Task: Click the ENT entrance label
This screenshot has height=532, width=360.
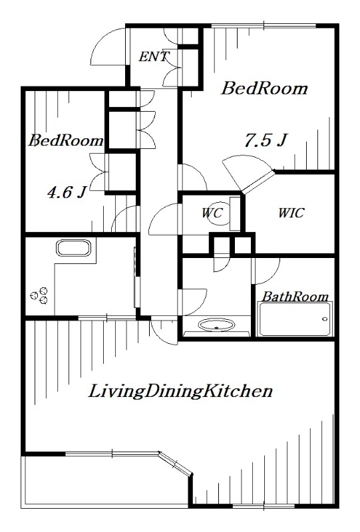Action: (x=154, y=57)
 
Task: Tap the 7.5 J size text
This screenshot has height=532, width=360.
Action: (x=266, y=140)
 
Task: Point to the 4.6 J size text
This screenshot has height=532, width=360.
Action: (x=67, y=192)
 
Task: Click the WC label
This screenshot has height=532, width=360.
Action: (x=212, y=213)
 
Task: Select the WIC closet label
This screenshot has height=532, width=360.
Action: (x=291, y=213)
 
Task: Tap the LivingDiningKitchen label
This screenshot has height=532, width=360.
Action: (x=180, y=391)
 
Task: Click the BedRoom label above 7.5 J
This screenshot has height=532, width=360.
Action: (x=265, y=88)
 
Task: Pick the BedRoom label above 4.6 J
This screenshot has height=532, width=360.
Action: (x=66, y=140)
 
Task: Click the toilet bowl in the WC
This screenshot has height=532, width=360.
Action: (x=218, y=217)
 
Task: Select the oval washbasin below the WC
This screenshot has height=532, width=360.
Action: (x=216, y=325)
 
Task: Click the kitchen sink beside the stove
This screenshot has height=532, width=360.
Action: (x=74, y=248)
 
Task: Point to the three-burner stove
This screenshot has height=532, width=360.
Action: (x=39, y=295)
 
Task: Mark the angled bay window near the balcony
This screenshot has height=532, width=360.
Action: (x=176, y=463)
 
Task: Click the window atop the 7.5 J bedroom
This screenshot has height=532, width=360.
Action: (x=264, y=26)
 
